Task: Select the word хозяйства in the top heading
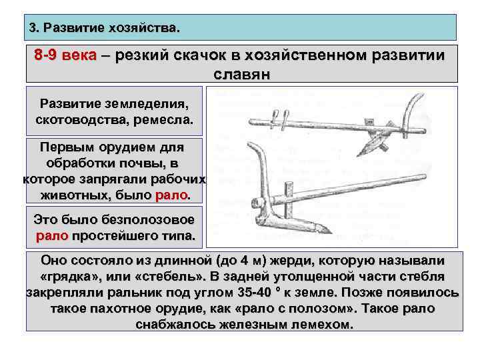[x=148, y=29]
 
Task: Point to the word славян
[x=242, y=73]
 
